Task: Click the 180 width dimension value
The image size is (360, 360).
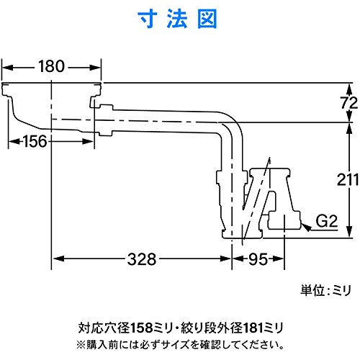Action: pos(51,66)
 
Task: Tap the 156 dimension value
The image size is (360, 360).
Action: pos(35,141)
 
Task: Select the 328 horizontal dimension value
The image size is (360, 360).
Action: pos(142,259)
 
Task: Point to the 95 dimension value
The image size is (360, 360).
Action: pos(258,259)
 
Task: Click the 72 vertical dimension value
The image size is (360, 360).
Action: pos(349,103)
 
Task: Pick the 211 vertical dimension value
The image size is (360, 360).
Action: pos(348,179)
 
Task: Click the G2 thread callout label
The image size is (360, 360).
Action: pos(326,221)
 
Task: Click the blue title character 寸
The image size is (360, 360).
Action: pos(148,19)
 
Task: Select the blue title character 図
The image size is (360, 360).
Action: pos(207,19)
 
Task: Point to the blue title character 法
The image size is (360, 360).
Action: pos(177,19)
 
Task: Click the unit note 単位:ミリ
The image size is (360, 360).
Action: pos(325,290)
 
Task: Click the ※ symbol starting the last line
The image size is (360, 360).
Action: pos(81,345)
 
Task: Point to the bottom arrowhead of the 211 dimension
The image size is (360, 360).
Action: pos(349,232)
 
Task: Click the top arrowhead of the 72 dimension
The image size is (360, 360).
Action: pos(349,89)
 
